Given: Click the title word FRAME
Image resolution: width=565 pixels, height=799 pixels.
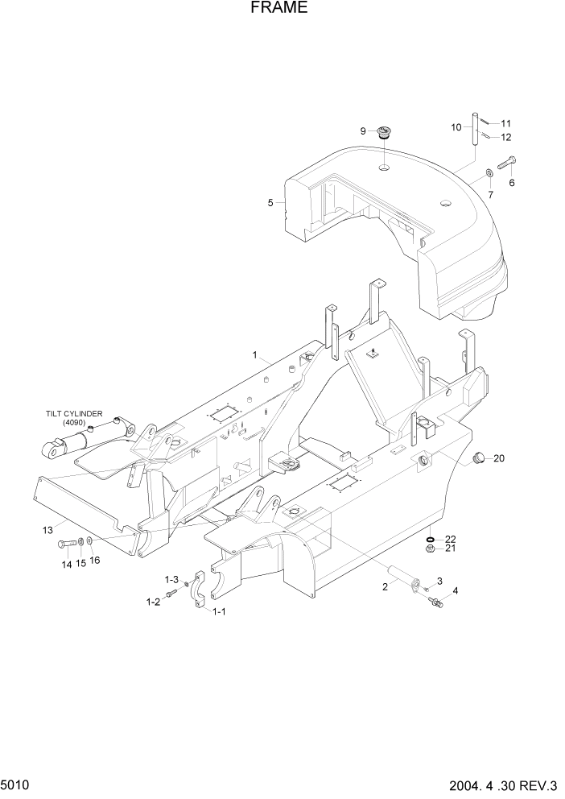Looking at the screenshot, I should (278, 9).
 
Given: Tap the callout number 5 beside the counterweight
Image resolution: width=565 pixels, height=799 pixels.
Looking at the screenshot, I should (271, 203).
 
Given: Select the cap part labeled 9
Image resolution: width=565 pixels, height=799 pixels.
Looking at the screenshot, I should (385, 132).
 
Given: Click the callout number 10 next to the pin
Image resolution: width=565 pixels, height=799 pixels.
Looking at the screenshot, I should (456, 127).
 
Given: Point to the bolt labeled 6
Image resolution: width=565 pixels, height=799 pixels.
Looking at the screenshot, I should (508, 165).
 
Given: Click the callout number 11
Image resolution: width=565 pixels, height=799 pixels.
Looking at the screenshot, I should (506, 123).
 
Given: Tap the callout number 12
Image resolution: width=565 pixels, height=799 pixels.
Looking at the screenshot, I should (506, 138).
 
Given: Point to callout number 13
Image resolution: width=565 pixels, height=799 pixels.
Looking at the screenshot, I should (47, 529).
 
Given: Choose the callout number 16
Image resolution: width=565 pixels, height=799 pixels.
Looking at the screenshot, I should (95, 561).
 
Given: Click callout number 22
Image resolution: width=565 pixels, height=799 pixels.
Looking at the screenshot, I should (451, 539).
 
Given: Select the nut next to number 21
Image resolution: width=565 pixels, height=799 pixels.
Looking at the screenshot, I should (430, 549).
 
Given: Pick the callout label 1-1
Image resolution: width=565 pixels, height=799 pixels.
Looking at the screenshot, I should (218, 612).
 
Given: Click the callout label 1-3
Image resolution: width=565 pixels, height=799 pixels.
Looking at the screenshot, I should (171, 580).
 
